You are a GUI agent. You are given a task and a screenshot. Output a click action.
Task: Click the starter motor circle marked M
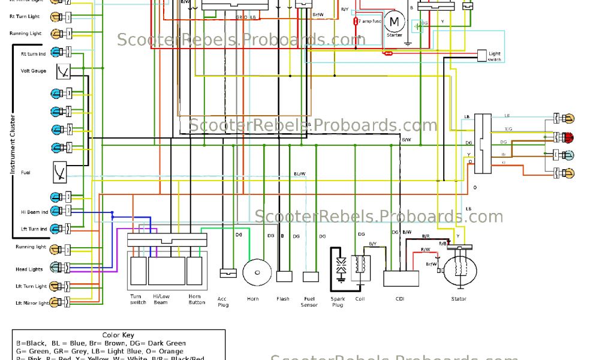(394, 22)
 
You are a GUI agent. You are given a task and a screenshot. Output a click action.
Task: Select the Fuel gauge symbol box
(61, 172)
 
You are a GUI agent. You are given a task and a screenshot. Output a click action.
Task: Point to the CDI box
(401, 278)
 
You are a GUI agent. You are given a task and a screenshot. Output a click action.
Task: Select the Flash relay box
(284, 277)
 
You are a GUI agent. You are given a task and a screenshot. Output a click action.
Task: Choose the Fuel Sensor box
(311, 277)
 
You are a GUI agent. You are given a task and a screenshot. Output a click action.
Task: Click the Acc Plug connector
(228, 272)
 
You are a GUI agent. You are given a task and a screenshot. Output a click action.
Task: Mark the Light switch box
(482, 56)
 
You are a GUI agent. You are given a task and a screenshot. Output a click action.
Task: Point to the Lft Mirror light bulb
(55, 302)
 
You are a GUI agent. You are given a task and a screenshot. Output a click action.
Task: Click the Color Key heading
(119, 335)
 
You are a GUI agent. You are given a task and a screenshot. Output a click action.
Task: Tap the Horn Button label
(197, 299)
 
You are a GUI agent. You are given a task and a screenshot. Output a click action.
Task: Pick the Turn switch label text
(138, 299)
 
